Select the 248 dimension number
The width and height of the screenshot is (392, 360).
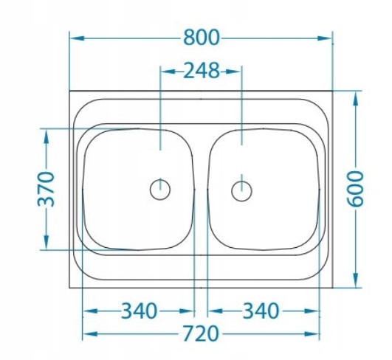click(x=201, y=71)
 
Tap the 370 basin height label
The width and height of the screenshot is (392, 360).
click(x=47, y=189)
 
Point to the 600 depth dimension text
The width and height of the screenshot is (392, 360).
click(x=357, y=189)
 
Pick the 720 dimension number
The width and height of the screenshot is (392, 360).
click(x=199, y=334)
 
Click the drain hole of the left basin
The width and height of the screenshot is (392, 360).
click(x=159, y=190)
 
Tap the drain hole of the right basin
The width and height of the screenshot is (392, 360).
click(x=241, y=190)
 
